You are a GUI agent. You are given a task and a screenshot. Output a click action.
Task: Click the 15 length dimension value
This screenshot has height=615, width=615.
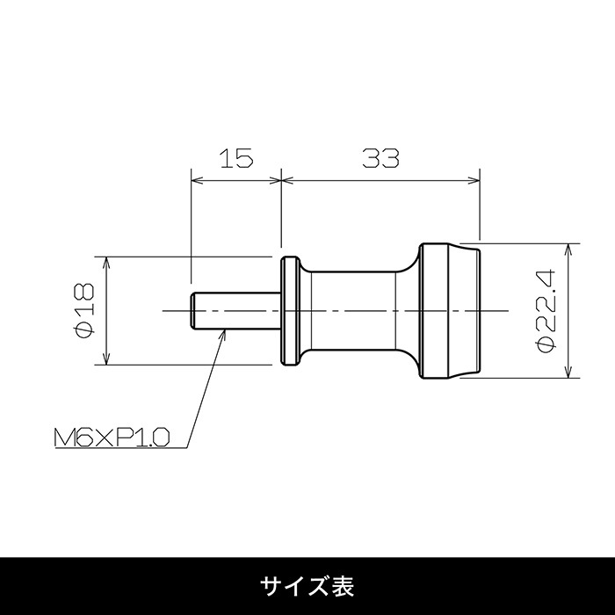tap(236, 157)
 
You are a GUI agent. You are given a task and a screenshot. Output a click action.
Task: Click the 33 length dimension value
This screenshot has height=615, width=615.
tap(380, 157)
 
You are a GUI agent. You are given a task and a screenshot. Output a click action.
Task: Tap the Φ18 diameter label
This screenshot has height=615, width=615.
tap(84, 310)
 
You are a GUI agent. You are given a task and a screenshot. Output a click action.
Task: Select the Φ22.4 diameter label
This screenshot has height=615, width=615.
tap(546, 311)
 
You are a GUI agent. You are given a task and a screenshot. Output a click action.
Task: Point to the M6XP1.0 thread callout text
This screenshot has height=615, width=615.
tap(112, 437)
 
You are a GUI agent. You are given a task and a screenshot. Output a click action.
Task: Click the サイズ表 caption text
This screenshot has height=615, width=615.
tap(307, 586)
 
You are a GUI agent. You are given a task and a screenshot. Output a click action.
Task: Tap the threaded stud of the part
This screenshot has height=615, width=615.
tap(235, 311)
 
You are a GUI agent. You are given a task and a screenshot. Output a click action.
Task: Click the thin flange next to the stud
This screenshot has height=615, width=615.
tap(291, 311)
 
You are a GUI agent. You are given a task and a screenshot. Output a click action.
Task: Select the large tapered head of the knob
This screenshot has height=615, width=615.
tap(450, 311)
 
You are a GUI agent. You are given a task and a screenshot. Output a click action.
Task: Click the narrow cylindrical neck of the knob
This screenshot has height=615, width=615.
tap(353, 311)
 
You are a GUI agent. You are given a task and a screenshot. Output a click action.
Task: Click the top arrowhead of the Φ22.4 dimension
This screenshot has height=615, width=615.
tap(568, 249)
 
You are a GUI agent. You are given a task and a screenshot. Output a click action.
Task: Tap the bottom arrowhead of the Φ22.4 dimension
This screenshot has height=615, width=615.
tap(568, 373)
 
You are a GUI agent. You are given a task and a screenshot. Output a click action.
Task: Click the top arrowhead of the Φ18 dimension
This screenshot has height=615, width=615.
tap(106, 263)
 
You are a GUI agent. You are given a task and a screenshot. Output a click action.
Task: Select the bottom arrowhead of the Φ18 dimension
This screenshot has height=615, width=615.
tap(106, 358)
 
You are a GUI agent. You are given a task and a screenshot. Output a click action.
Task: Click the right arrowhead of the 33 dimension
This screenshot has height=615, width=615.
tap(474, 180)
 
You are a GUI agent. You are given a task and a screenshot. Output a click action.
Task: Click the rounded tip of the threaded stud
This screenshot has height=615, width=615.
tap(192, 311)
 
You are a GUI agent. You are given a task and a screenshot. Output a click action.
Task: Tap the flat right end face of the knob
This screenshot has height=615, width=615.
tap(480, 311)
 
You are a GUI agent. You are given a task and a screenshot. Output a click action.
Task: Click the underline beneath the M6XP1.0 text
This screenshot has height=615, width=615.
tap(121, 448)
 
